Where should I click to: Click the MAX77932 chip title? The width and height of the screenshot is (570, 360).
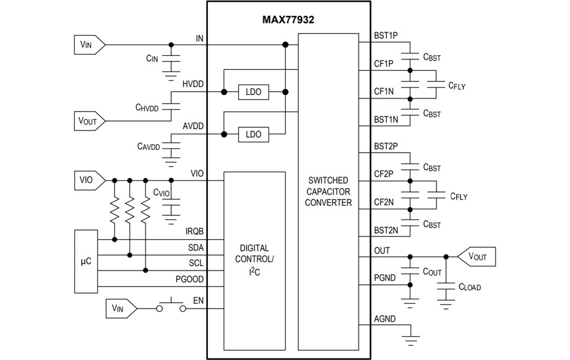point(288,20)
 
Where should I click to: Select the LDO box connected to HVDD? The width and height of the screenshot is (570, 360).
point(253,92)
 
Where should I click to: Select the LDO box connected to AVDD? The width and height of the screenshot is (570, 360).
point(253,134)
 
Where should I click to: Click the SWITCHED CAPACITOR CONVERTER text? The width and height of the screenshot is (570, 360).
point(328,191)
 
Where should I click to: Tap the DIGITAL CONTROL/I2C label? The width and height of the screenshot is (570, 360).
point(254,259)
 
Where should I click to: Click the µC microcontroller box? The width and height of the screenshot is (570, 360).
point(87,261)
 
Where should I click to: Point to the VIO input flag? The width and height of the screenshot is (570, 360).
point(88,180)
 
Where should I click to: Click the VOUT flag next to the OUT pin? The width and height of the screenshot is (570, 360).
point(476,257)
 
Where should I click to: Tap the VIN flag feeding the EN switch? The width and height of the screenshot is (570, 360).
point(121,308)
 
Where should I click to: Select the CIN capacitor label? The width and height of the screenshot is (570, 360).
point(152,59)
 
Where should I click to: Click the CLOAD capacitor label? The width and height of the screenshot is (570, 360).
point(469,287)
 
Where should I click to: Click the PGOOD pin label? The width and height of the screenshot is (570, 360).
point(189,279)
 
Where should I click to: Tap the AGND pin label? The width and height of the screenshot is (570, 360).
point(385,319)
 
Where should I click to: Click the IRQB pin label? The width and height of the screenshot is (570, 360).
point(194,231)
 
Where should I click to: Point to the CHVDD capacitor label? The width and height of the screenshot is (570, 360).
point(147,107)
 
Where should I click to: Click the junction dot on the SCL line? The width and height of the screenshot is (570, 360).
point(145,271)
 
